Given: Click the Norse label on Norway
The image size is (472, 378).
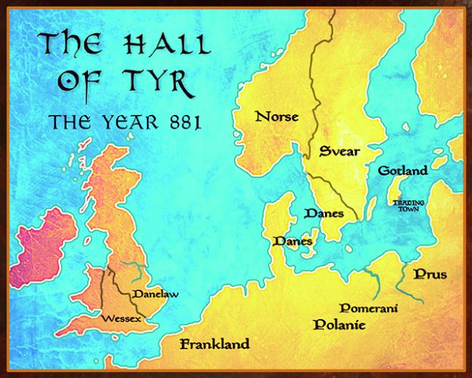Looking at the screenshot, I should point(277,116).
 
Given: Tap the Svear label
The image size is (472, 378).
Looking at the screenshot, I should point(339,150).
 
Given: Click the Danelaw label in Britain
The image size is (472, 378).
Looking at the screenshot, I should point(155,293).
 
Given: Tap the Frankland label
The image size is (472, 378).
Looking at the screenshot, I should point(214,345).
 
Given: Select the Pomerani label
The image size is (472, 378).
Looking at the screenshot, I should point(369,308).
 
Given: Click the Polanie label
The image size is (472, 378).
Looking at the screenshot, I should point(339,325).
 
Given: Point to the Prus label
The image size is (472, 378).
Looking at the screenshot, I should point(430,274).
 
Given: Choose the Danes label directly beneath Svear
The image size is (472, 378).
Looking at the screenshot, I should point(324,214).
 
